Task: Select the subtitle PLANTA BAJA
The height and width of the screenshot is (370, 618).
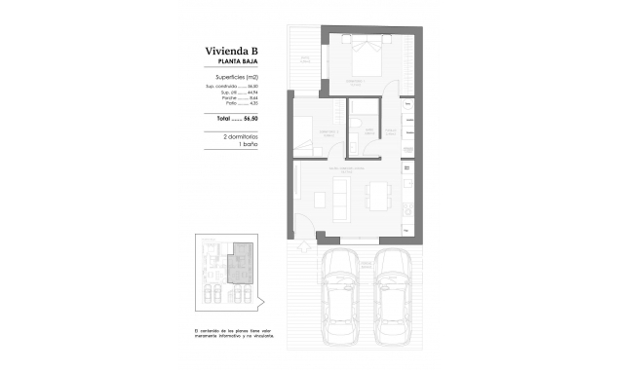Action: [x=234, y=61]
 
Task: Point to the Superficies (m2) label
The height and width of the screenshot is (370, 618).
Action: [x=234, y=76]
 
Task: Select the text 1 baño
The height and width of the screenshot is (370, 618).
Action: [x=234, y=146]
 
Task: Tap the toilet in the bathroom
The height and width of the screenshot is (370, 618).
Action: [x=361, y=126]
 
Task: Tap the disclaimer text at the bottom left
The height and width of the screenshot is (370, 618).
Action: [x=234, y=333]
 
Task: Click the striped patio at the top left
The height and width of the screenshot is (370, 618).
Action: [x=304, y=59]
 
